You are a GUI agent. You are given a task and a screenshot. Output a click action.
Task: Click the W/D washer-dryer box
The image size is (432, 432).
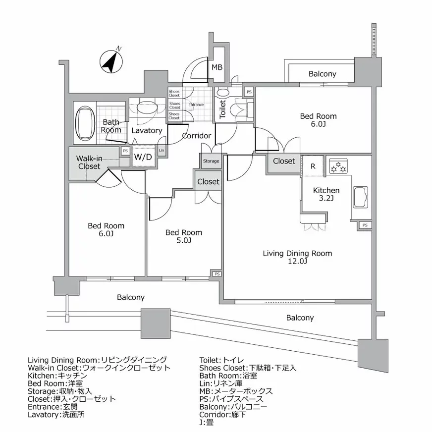143,157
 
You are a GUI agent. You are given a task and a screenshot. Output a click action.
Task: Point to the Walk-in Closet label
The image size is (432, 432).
89,162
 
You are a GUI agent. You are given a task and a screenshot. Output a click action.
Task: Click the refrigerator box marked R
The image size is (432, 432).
313,166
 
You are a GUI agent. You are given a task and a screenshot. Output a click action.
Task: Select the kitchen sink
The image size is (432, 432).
360,198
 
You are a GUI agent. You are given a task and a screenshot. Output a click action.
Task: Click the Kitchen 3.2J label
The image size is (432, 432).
326,194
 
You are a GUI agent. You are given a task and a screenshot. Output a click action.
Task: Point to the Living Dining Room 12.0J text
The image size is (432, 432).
297,257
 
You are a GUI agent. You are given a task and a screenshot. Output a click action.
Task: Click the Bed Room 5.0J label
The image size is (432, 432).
184,236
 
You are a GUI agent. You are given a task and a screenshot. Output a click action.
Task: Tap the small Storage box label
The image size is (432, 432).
211,161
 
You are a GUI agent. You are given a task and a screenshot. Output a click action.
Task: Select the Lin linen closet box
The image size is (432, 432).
162,151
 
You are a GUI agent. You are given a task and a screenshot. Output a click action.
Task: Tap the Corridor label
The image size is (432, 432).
197,136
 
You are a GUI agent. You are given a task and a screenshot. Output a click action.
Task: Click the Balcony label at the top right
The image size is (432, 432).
323,74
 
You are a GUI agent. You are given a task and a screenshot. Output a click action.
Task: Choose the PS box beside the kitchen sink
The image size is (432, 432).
365,225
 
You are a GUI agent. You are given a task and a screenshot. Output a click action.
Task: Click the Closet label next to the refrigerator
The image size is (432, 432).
284,161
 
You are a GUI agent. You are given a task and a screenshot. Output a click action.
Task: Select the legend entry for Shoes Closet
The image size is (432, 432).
248,368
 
